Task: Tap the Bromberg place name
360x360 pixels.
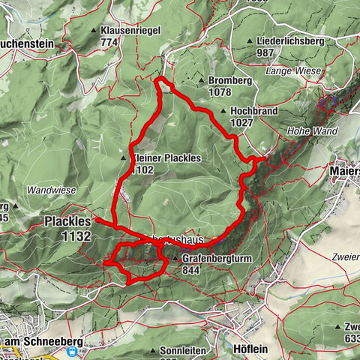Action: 229,80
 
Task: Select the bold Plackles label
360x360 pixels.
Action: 67,222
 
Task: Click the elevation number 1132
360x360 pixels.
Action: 76,236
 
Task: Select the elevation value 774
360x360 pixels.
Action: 110,43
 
